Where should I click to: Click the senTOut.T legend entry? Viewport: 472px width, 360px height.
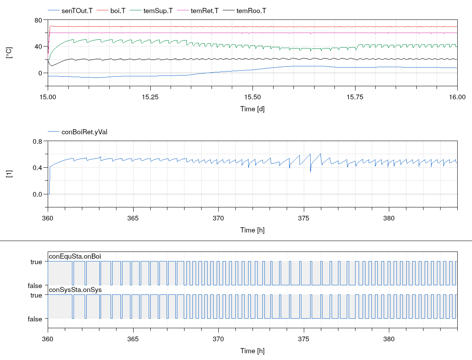click(77, 11)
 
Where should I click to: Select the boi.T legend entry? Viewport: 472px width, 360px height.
click(117, 11)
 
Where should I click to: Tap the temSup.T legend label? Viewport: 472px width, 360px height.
click(158, 11)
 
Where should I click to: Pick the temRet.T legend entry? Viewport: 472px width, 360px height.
click(204, 11)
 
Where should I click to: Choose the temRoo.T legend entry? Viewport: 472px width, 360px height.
click(251, 11)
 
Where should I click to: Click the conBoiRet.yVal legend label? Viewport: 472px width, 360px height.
click(84, 132)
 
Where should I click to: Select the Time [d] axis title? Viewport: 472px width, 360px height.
click(252, 109)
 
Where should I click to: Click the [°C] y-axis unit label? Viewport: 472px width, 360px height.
click(10, 53)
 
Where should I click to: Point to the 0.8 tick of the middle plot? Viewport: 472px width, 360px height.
click(37, 141)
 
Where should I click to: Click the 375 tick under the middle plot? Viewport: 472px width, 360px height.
click(303, 219)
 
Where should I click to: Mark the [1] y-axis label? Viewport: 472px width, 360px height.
click(10, 174)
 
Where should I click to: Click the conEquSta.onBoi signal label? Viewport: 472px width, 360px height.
click(75, 256)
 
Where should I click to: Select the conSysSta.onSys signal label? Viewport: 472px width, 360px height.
click(75, 290)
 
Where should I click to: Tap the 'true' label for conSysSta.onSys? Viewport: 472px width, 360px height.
click(36, 295)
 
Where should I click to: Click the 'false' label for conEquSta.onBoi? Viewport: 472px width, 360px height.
click(35, 285)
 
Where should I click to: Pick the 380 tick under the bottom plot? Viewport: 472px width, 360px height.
click(388, 339)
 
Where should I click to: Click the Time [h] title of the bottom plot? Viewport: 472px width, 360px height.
click(252, 351)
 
